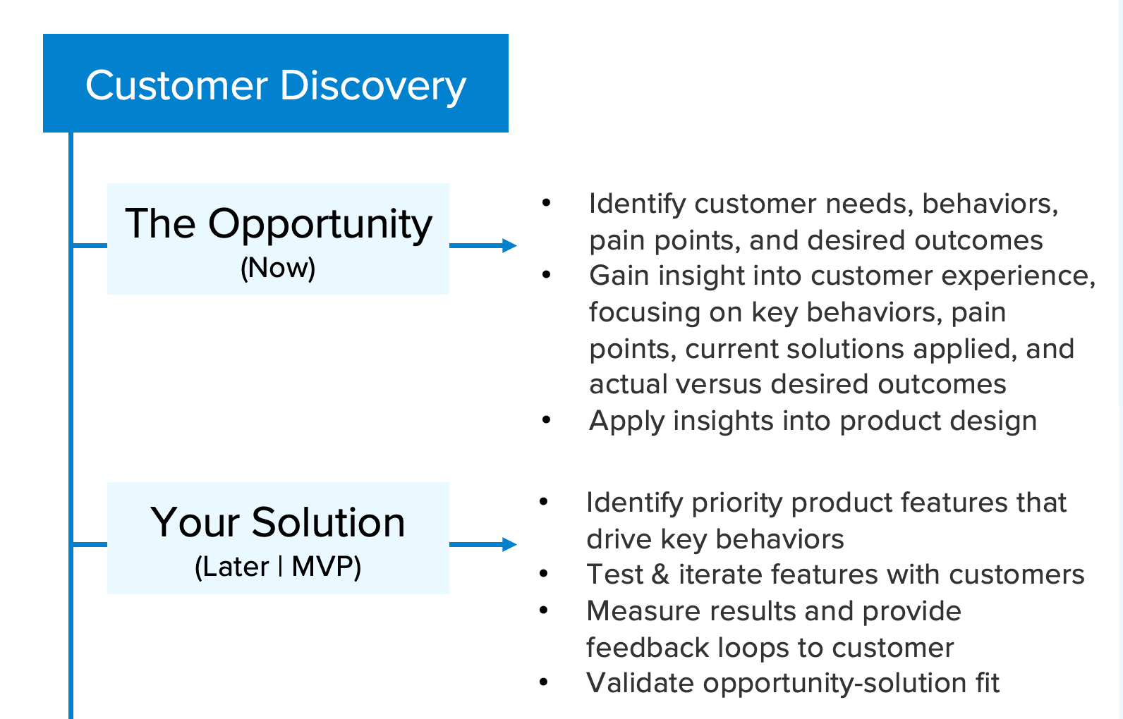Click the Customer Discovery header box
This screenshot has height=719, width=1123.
(x=275, y=83)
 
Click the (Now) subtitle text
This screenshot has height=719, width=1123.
(x=278, y=268)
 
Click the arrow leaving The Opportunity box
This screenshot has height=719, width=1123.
(x=483, y=245)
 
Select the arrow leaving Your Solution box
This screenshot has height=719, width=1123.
(x=483, y=544)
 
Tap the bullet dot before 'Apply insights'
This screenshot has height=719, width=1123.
(x=547, y=420)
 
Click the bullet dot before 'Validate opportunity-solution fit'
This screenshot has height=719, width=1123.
(x=544, y=682)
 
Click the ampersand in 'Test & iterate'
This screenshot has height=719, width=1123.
(x=660, y=574)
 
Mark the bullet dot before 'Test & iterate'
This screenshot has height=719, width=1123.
(x=544, y=574)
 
